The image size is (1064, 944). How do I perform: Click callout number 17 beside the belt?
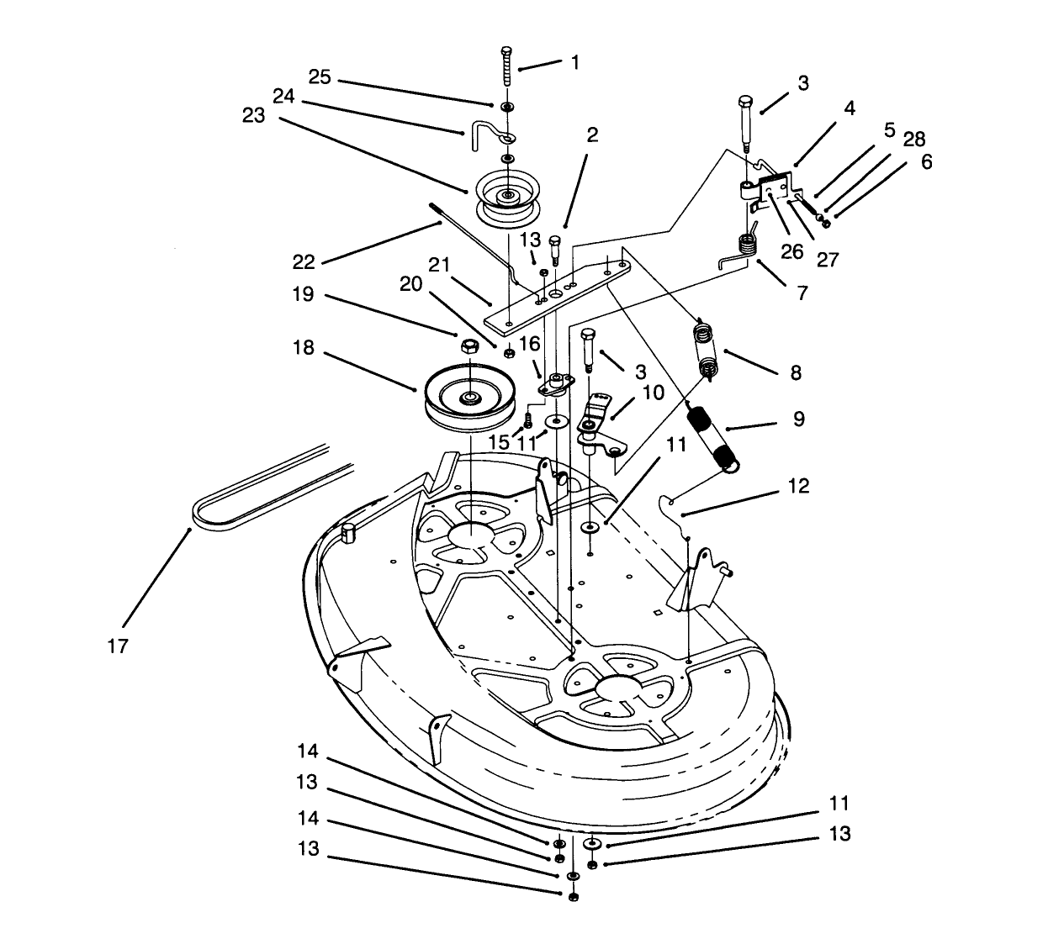click(x=118, y=646)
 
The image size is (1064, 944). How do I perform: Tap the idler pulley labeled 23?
click(x=506, y=198)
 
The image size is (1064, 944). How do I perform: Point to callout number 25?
click(x=319, y=78)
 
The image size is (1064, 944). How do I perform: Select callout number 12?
click(x=798, y=486)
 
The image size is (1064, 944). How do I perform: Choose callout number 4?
click(x=850, y=108)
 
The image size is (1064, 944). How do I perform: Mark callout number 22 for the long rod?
click(x=304, y=262)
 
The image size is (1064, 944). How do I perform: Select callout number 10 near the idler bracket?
click(x=653, y=393)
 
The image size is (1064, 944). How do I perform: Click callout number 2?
click(x=592, y=135)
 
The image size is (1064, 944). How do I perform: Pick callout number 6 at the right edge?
click(x=926, y=161)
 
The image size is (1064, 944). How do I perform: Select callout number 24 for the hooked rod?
click(x=283, y=97)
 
